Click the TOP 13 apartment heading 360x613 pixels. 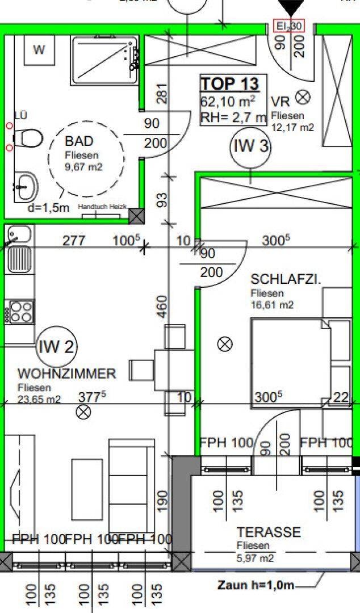(x=229, y=84)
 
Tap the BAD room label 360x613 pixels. (x=79, y=141)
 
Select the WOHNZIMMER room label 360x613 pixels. (x=67, y=374)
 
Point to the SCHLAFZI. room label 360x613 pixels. (x=286, y=280)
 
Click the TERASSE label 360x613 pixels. (x=269, y=532)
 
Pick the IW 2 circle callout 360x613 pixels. (x=57, y=347)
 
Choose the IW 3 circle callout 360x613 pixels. (x=250, y=146)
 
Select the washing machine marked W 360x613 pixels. (x=39, y=50)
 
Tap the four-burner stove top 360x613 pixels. (x=20, y=312)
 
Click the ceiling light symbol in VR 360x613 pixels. (x=304, y=97)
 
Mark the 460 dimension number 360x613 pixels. (x=162, y=306)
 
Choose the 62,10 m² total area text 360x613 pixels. (x=227, y=102)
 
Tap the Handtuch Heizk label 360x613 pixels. (x=103, y=208)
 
